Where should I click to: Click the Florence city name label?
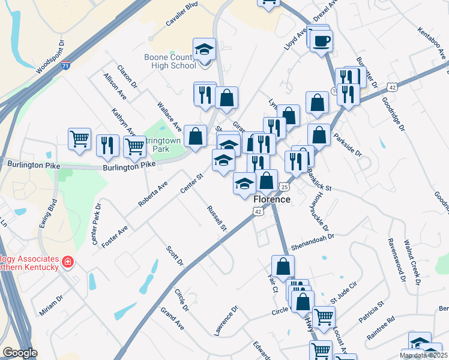[x=271, y=199]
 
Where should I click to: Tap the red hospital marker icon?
[x=67, y=262]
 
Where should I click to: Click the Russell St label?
[x=216, y=218]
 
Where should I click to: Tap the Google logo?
[x=20, y=353]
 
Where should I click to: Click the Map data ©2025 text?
[x=423, y=355]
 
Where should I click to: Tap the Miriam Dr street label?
[x=51, y=305]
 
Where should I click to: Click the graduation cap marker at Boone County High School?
[x=204, y=50]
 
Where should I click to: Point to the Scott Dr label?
[x=175, y=256]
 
